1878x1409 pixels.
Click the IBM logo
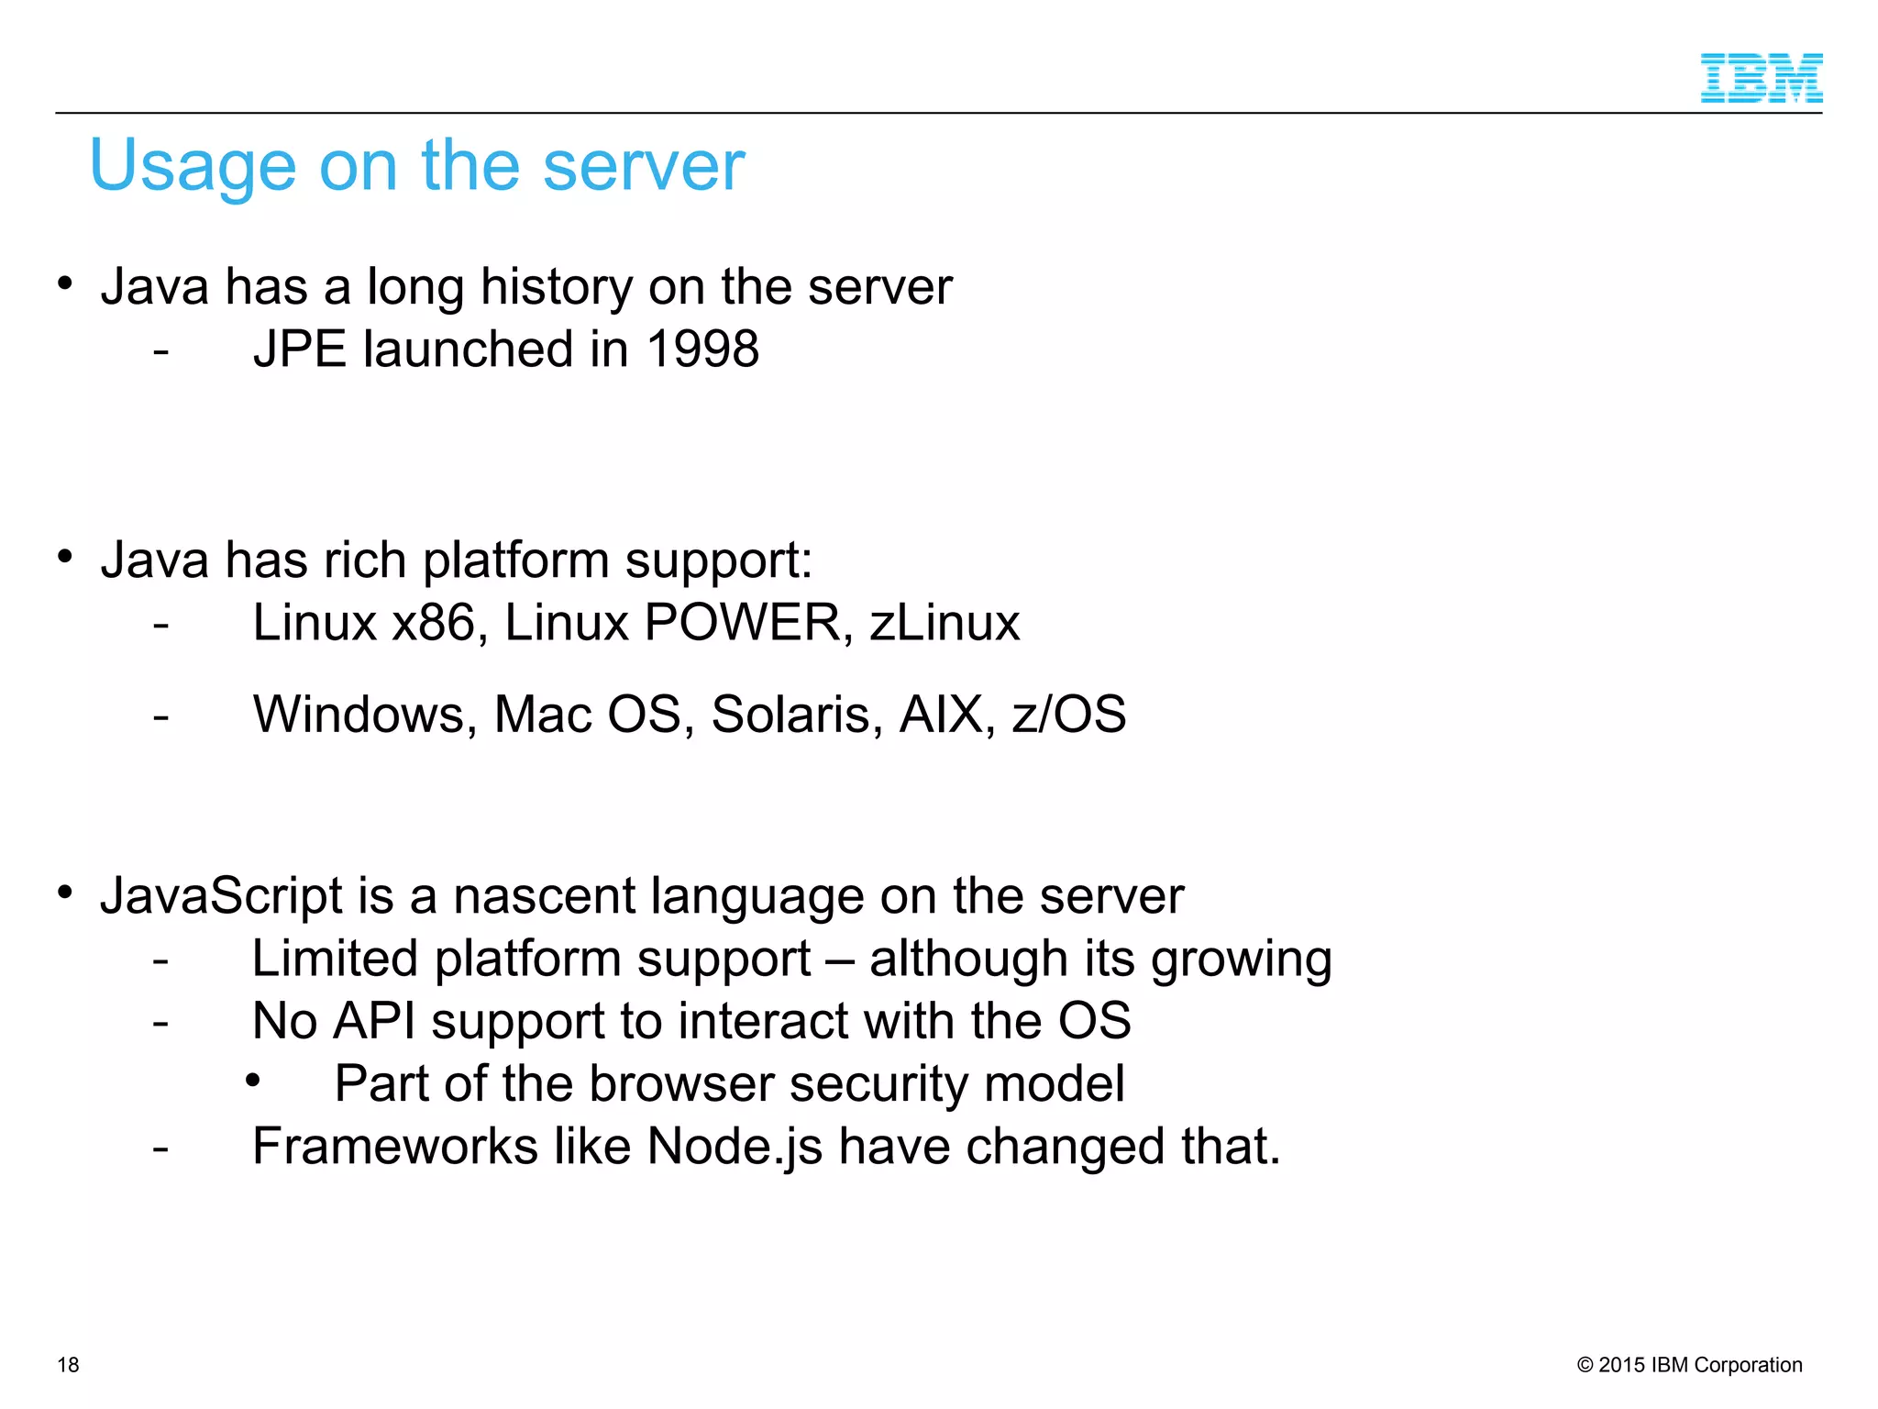coord(1761,78)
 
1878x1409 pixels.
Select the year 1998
coord(702,349)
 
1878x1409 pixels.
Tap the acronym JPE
coord(300,349)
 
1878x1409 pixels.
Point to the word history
coord(557,287)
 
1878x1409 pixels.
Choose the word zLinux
coord(945,623)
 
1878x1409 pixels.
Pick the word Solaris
coord(797,715)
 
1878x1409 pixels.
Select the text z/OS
coord(1069,715)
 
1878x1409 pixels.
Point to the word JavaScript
coord(221,896)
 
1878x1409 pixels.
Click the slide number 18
coord(68,1365)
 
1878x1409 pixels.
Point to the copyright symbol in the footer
coord(1585,1365)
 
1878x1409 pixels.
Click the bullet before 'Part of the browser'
coord(253,1082)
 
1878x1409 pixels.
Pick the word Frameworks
coord(395,1148)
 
